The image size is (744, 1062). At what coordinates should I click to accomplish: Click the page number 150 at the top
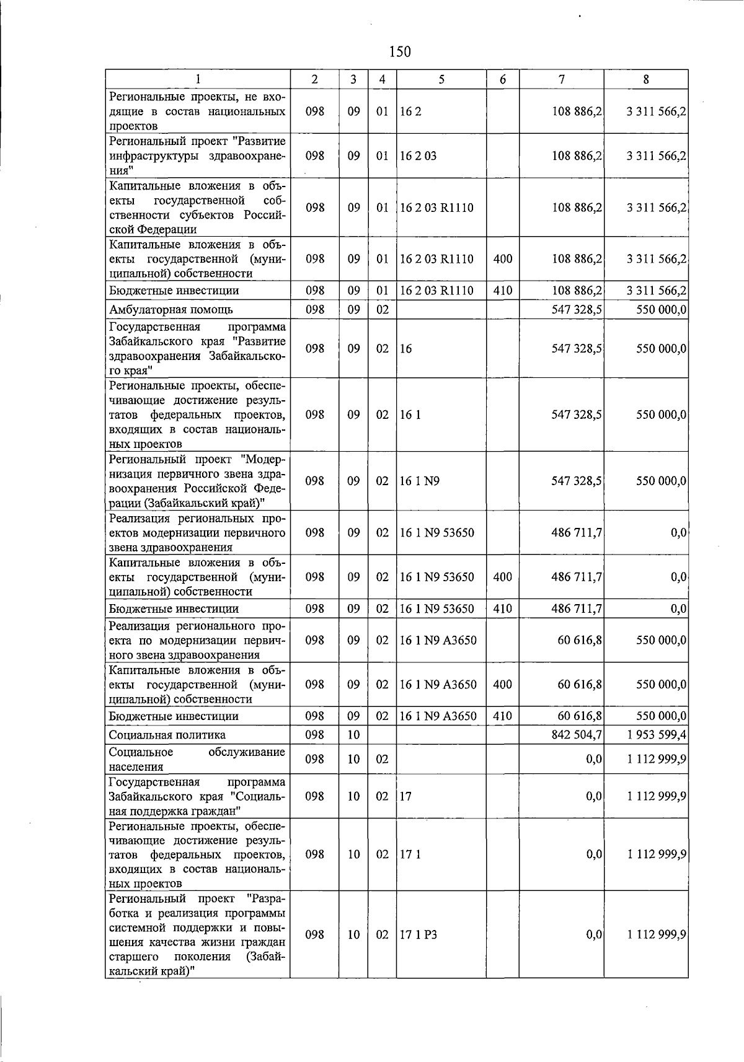pyautogui.click(x=400, y=52)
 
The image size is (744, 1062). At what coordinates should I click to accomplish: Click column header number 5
pyautogui.click(x=441, y=79)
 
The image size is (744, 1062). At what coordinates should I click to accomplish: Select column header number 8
pyautogui.click(x=646, y=79)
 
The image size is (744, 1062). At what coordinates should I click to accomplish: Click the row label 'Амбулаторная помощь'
pyautogui.click(x=171, y=310)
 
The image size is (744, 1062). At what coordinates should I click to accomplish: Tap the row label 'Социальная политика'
pyautogui.click(x=167, y=735)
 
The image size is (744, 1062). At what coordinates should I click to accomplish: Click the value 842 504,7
pyautogui.click(x=577, y=735)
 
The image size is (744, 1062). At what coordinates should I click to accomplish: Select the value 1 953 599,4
pyautogui.click(x=657, y=735)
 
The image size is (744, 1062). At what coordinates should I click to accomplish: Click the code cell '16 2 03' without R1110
pyautogui.click(x=418, y=156)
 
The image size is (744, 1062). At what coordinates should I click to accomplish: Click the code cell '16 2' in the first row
pyautogui.click(x=410, y=112)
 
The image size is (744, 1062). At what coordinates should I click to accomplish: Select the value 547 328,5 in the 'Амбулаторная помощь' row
pyautogui.click(x=577, y=310)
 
